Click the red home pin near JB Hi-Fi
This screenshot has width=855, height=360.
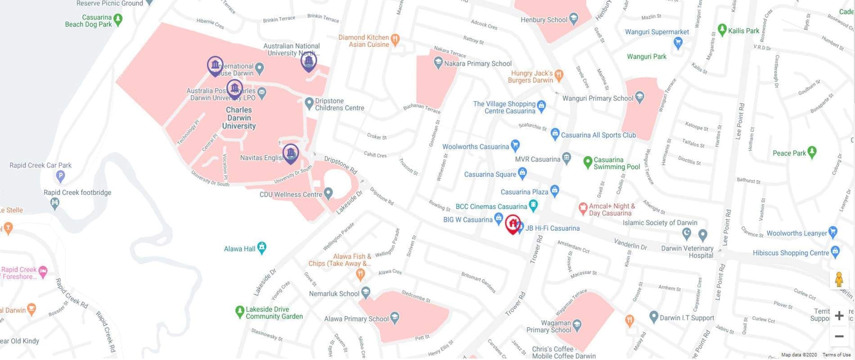pyautogui.click(x=513, y=224)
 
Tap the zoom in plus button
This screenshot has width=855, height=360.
pyautogui.click(x=839, y=315)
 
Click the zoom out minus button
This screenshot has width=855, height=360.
pyautogui.click(x=839, y=336)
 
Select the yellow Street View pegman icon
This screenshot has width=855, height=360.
pyautogui.click(x=839, y=279)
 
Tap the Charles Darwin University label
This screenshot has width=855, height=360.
pyautogui.click(x=238, y=118)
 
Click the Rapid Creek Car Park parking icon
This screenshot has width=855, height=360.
pyautogui.click(x=60, y=176)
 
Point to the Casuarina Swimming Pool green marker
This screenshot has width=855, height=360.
pyautogui.click(x=587, y=162)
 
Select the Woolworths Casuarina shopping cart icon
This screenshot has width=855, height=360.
pyautogui.click(x=516, y=145)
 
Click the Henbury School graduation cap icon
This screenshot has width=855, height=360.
pyautogui.click(x=573, y=19)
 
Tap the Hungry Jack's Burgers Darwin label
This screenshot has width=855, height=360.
pyautogui.click(x=531, y=76)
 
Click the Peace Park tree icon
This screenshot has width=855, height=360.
pyautogui.click(x=812, y=152)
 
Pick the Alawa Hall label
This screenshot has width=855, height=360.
pyautogui.click(x=239, y=249)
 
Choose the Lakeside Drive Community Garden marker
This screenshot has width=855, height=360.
pyautogui.click(x=240, y=311)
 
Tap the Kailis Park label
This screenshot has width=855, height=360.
pyautogui.click(x=743, y=31)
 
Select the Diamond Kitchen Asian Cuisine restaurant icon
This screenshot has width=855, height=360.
pyautogui.click(x=395, y=40)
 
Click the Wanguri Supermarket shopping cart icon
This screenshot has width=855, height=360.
pyautogui.click(x=678, y=43)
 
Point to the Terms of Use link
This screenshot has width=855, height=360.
pyautogui.click(x=837, y=355)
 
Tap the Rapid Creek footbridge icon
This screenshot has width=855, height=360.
pyautogui.click(x=55, y=203)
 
